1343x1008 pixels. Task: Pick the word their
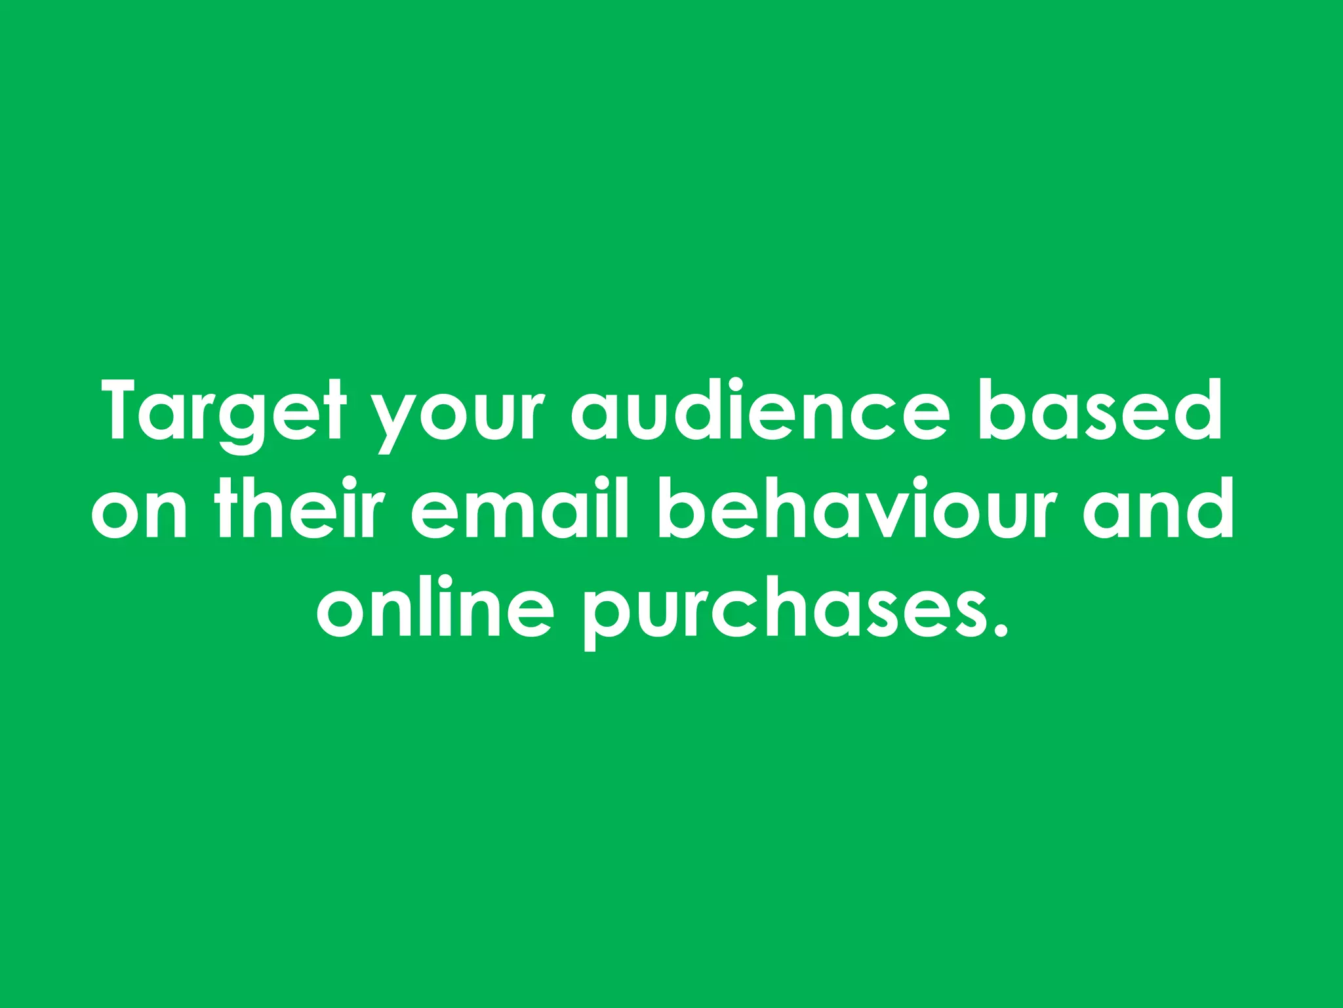coord(299,509)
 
